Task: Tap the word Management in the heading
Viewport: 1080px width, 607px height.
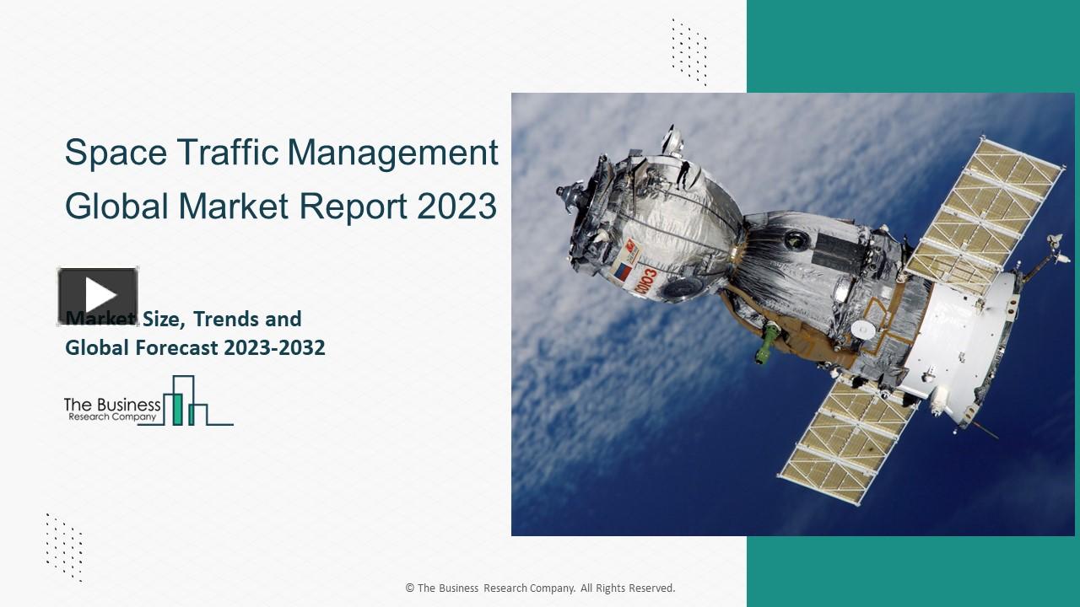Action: click(393, 154)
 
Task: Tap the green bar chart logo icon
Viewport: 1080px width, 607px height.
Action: click(186, 401)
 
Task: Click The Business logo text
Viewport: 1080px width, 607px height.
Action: click(112, 406)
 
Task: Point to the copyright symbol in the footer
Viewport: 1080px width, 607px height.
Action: click(409, 588)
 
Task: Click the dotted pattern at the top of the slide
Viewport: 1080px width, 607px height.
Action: click(689, 51)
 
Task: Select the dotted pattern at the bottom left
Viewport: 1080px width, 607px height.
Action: click(64, 546)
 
